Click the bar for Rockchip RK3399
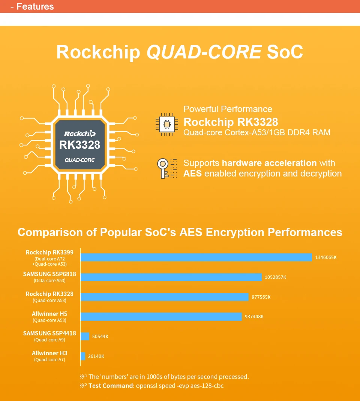click(196, 257)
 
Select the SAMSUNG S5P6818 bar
click(171, 277)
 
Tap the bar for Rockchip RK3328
click(165, 297)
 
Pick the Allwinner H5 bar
click(161, 317)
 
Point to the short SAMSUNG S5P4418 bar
click(85, 336)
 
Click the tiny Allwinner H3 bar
click(83, 356)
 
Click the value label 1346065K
click(325, 257)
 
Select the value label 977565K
click(261, 297)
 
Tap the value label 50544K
click(100, 337)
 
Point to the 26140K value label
click(96, 356)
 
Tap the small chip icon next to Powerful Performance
click(166, 124)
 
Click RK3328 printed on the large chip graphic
click(80, 145)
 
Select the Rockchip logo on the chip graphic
click(80, 133)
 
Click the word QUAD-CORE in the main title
click(204, 52)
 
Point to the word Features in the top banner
click(35, 6)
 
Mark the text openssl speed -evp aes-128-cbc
click(180, 385)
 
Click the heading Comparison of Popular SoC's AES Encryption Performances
click(180, 232)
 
